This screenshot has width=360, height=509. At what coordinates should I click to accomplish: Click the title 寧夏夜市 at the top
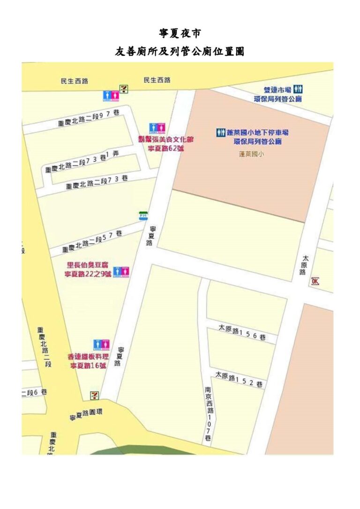point(180,33)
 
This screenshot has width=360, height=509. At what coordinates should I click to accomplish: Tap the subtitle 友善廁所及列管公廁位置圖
point(180,52)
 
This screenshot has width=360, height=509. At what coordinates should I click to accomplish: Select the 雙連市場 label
point(278,90)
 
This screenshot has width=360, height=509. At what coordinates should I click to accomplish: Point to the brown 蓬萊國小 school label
point(251,154)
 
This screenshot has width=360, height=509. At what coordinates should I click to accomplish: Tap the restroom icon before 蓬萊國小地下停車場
point(221,133)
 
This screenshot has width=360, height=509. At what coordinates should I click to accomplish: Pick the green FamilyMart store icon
point(143,216)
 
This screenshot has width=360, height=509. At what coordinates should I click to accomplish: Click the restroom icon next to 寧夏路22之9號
point(121,271)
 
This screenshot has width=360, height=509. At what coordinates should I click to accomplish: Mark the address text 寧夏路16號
point(88,366)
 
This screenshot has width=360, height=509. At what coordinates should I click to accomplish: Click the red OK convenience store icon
point(315,281)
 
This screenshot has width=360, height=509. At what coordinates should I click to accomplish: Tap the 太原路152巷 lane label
point(239,380)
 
